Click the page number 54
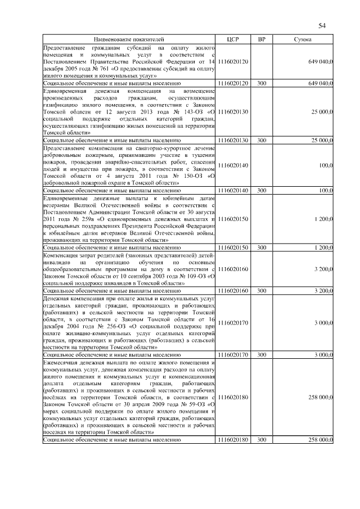click(322, 25)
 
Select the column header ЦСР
click(233, 39)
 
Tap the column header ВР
click(262, 39)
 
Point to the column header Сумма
click(303, 39)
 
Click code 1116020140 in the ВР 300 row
click(233, 191)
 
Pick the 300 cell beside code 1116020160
click(262, 291)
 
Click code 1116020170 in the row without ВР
click(233, 323)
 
